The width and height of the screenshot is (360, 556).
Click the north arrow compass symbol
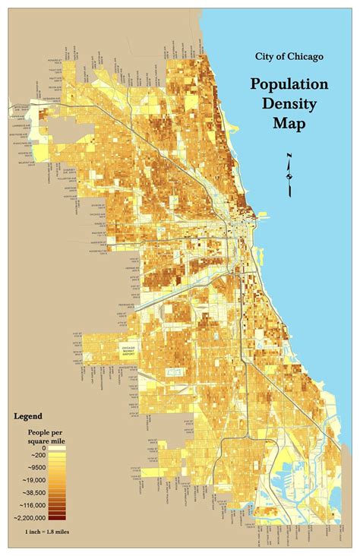coord(289,175)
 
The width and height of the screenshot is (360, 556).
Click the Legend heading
coord(28,416)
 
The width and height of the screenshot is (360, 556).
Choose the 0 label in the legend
coord(43,448)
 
